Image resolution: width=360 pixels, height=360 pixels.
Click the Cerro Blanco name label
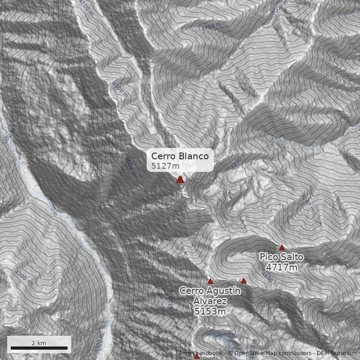(x=180, y=156)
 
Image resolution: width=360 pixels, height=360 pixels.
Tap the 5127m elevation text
(x=165, y=166)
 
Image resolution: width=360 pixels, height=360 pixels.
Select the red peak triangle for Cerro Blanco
(x=180, y=180)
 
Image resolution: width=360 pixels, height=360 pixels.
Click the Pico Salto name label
(x=281, y=257)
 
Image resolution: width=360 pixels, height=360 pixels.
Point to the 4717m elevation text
(x=281, y=267)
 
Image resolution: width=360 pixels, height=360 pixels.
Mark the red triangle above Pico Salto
(x=282, y=247)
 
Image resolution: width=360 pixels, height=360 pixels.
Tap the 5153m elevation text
(x=210, y=311)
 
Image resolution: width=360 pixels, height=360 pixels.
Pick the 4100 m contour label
(x=85, y=7)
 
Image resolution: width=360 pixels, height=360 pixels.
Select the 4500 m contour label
(x=120, y=89)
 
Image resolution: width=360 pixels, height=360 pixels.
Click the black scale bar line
(x=39, y=348)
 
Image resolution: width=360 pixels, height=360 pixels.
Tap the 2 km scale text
(x=39, y=343)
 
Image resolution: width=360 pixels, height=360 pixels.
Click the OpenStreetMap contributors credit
(x=273, y=353)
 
